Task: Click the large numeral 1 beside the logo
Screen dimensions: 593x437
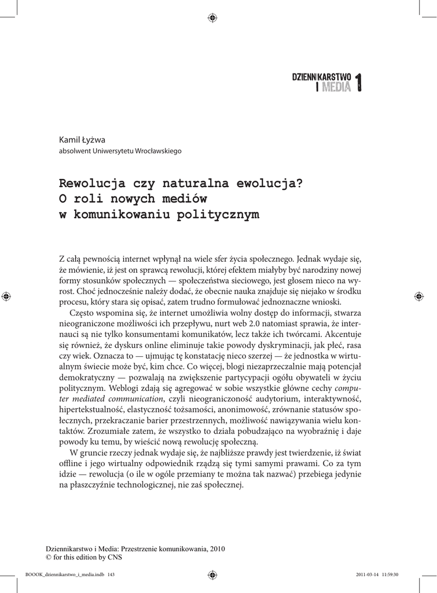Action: pos(359,82)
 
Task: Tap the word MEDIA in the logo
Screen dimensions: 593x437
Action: pos(336,87)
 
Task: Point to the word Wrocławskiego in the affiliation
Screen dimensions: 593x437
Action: pos(158,151)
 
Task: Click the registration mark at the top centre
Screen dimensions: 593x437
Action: pos(212,17)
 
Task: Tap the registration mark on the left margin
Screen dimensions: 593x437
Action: pos(6,296)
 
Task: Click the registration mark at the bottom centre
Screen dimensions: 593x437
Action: pos(212,575)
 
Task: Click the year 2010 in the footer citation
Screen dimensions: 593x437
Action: pos(216,548)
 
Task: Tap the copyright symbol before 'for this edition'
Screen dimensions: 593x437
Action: pos(49,558)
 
